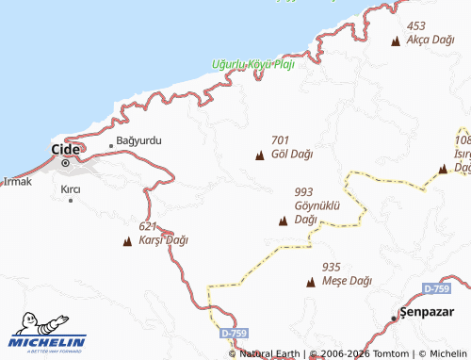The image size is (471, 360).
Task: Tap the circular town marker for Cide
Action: [66, 163]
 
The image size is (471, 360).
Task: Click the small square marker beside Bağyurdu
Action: [111, 145]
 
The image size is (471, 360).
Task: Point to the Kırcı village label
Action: [71, 189]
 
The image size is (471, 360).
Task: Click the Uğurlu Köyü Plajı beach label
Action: [252, 65]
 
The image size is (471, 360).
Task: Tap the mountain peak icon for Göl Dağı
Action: [260, 155]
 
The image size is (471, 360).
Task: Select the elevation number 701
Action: [280, 139]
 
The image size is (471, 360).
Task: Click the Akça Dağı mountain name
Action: [429, 41]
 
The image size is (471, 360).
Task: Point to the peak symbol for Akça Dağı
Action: [396, 41]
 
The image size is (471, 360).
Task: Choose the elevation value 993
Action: [303, 191]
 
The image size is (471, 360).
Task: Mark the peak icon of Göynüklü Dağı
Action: [283, 221]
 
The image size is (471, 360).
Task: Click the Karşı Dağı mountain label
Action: [164, 239]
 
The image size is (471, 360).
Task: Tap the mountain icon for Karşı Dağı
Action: [127, 241]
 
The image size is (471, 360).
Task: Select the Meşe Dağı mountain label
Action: [348, 281]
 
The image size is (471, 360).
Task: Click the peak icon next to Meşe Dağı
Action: [311, 282]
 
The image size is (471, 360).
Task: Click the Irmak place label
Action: [17, 181]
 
